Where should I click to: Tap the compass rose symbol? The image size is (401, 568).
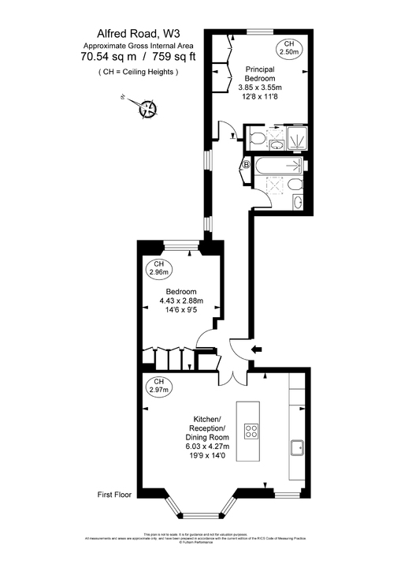(147, 108)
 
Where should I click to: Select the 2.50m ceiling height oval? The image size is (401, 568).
(289, 47)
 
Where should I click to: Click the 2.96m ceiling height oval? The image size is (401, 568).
(158, 269)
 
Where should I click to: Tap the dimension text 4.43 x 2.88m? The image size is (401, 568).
(180, 300)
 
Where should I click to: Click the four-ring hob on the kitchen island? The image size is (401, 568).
(252, 431)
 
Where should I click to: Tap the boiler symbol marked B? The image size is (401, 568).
(246, 165)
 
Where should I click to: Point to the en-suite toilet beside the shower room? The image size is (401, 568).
(255, 140)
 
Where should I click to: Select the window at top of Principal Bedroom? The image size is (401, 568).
(260, 32)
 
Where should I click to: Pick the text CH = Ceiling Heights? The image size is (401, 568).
(138, 72)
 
